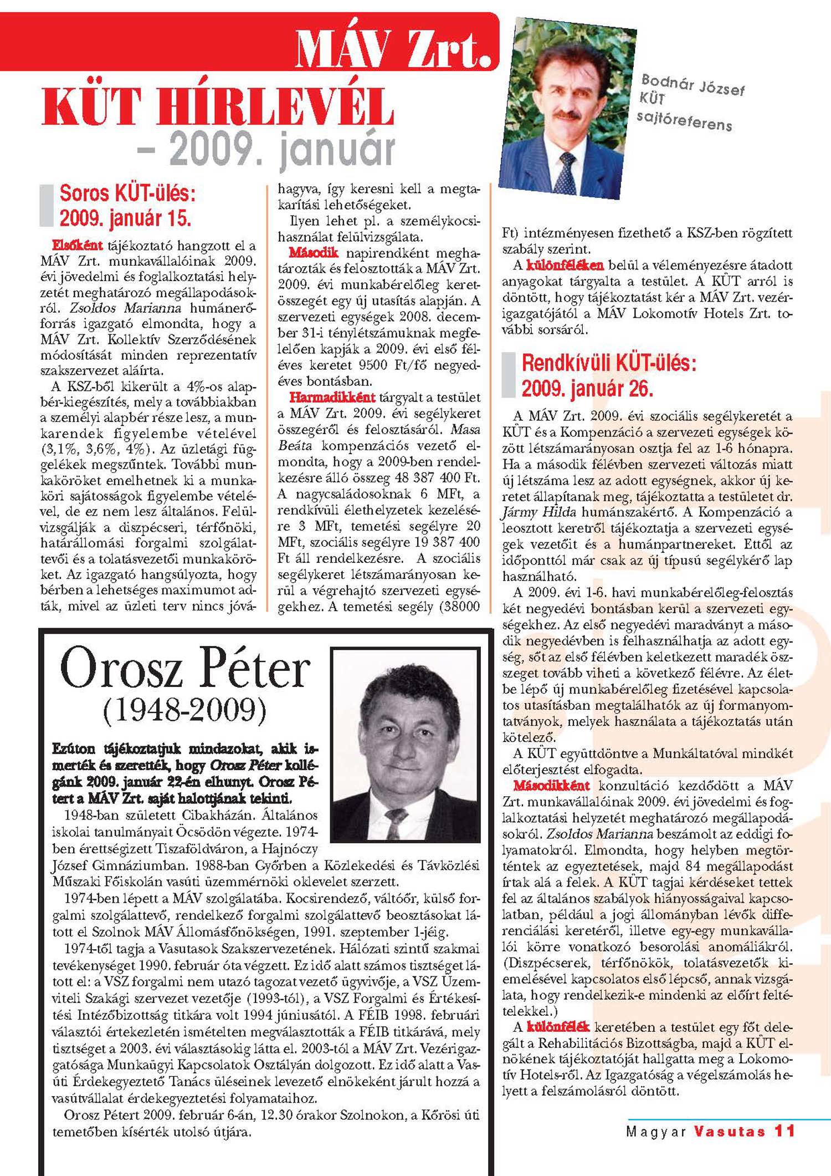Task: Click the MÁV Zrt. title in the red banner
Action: [393, 49]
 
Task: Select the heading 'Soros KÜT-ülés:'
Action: [127, 194]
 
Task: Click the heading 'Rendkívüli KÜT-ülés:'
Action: [609, 364]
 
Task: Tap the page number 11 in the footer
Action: [785, 1131]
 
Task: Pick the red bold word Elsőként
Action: [78, 245]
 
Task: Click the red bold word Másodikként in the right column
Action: [551, 785]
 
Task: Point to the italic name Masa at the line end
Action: [465, 430]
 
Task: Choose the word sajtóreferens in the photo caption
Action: [684, 120]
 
